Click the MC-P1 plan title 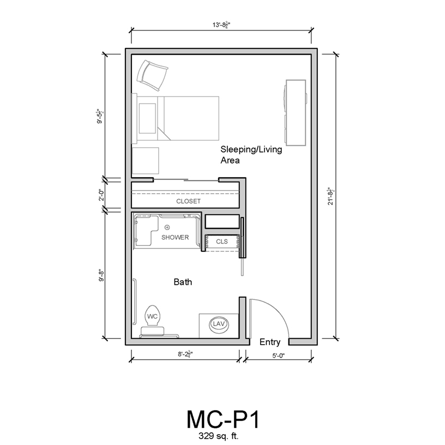click(223, 419)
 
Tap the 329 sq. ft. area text click(218, 436)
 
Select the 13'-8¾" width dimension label click(221, 25)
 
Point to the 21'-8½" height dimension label click(331, 196)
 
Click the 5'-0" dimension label click(279, 356)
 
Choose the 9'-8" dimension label click(102, 275)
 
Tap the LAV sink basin click(219, 324)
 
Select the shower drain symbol click(167, 227)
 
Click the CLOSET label click(188, 201)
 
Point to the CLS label click(221, 242)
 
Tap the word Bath click(183, 282)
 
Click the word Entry click(270, 342)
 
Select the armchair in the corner click(152, 75)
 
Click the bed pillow click(147, 118)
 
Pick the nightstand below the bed click(146, 161)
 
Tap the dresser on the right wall click(296, 113)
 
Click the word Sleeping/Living click(251, 149)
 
